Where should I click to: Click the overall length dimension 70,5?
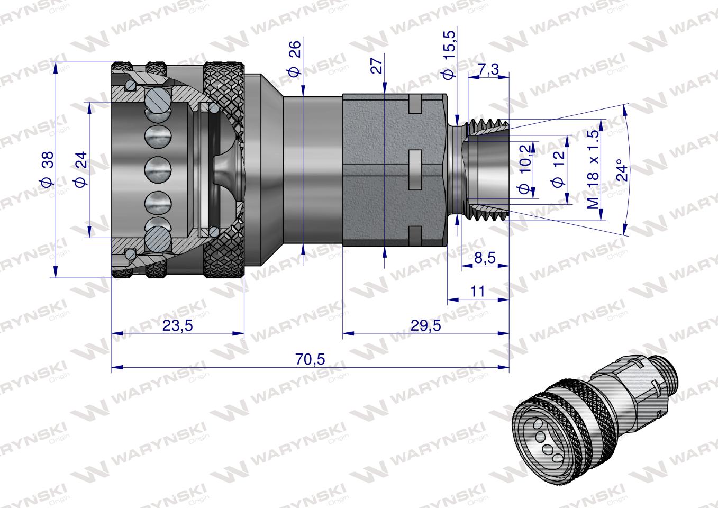coord(310,359)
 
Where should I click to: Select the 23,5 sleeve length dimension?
coord(177,326)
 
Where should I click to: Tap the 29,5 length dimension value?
coord(426,326)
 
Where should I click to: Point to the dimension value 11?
coord(477,292)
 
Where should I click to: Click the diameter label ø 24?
coord(81,170)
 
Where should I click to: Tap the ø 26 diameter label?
coord(295,58)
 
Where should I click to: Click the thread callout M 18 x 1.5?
coord(594,168)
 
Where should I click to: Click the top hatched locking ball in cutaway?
coord(158,101)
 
